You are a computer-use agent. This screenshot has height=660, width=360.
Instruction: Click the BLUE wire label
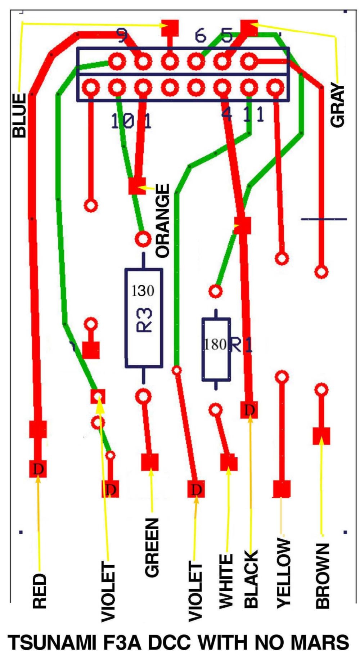(x=19, y=115)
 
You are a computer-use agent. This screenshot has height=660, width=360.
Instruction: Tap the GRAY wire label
(x=338, y=105)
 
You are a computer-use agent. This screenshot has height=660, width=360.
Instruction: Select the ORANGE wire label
(x=163, y=220)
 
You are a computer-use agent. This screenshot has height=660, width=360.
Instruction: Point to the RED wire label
(x=39, y=591)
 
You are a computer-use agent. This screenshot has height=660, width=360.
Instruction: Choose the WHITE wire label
(x=226, y=582)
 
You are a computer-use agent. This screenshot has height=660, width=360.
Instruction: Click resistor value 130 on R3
(x=143, y=291)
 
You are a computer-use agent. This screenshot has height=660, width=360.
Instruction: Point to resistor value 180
(x=215, y=345)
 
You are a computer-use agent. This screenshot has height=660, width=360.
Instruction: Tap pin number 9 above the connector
(x=122, y=35)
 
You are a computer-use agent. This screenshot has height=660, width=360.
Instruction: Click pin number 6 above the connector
(x=200, y=35)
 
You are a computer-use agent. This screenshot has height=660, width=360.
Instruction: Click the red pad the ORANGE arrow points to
(x=137, y=186)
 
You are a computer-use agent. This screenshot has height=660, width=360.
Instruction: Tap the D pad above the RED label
(x=38, y=469)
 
